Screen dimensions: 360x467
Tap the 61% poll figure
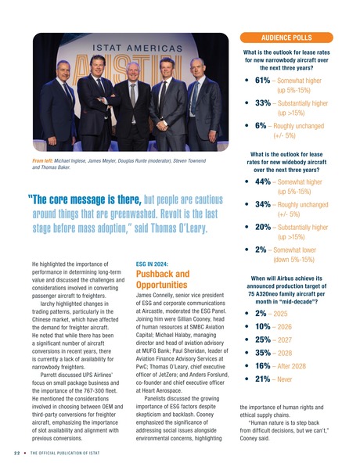(x=262, y=80)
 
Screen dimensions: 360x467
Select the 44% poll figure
(x=262, y=181)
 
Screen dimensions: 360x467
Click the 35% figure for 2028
(x=263, y=353)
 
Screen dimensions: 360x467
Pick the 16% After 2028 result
(x=263, y=365)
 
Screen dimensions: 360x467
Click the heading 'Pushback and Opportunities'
(x=163, y=280)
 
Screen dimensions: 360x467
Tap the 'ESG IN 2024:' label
(x=153, y=264)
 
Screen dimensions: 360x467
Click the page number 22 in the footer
(x=16, y=453)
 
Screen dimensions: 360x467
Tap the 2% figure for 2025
(x=261, y=313)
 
